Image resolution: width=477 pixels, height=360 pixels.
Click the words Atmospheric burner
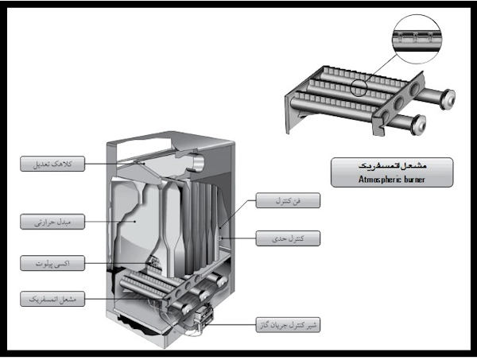391,178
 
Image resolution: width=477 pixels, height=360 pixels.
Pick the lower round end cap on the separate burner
421,123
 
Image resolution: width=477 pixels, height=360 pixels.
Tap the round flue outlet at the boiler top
194,161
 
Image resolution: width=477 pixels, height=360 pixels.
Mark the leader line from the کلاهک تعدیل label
127,165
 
